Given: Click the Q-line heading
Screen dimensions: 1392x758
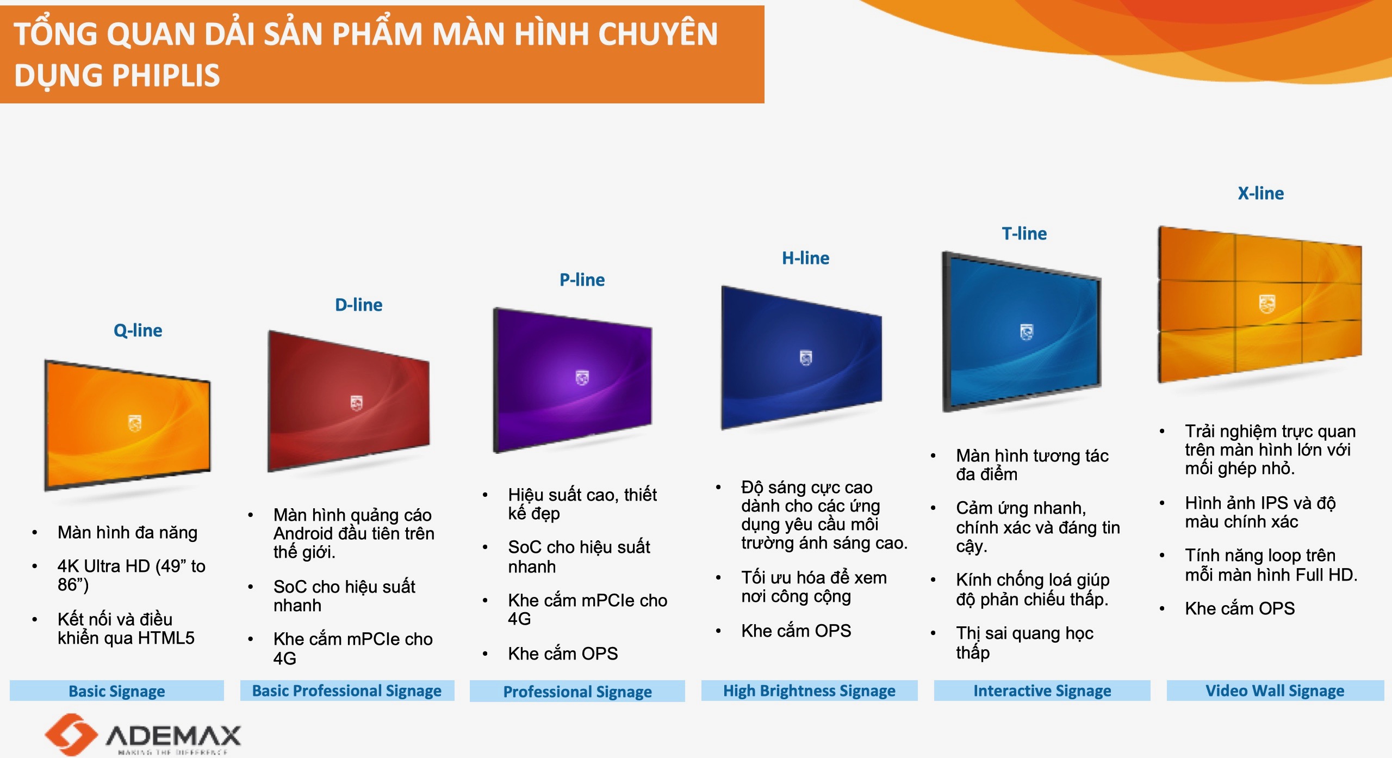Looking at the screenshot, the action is (x=138, y=330).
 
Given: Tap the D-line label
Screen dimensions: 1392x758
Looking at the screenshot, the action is (x=358, y=305).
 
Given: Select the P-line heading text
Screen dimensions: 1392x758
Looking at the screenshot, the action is (x=582, y=280).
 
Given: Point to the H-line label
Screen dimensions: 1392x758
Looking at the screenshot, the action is (x=805, y=258).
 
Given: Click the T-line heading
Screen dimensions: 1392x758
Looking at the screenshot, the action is (x=1024, y=233).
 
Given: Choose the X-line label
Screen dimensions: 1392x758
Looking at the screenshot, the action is (x=1260, y=193).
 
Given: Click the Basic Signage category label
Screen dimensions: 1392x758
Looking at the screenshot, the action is (x=116, y=691).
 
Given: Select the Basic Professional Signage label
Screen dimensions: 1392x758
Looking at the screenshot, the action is (x=347, y=691).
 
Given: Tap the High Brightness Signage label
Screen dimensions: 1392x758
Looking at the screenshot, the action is (x=809, y=691).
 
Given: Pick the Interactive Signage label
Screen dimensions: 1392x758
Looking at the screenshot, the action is (x=1042, y=691).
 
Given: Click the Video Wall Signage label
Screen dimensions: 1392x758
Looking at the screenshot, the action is (x=1275, y=691).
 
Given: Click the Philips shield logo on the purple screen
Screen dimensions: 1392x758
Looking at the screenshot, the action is (x=582, y=377).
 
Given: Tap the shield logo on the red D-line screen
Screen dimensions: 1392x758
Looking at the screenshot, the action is (x=356, y=403).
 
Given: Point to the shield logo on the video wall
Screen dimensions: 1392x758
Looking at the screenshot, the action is (x=1267, y=304).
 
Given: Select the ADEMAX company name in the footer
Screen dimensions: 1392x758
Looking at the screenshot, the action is (x=173, y=736).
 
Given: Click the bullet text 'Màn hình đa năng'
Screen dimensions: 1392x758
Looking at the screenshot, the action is (x=127, y=532).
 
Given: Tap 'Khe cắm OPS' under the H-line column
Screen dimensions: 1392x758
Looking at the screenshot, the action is (x=796, y=631).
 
